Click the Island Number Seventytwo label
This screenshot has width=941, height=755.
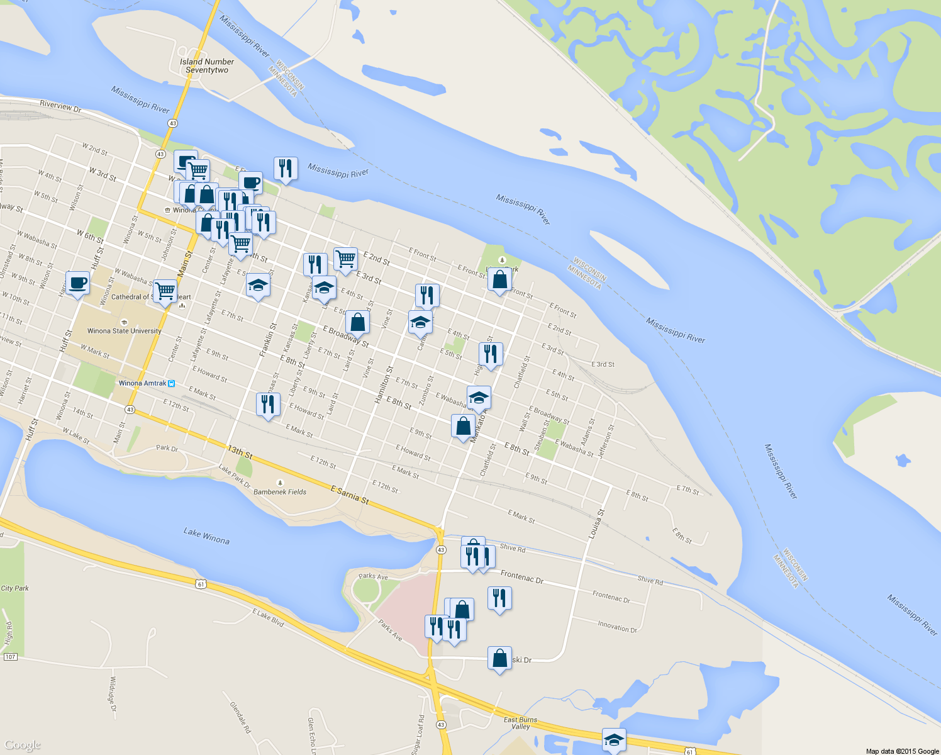207,66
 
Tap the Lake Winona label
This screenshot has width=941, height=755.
206,536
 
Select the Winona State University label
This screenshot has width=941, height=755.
125,331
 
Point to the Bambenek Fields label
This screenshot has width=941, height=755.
280,492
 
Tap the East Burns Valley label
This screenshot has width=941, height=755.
521,723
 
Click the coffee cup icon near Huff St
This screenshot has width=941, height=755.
77,283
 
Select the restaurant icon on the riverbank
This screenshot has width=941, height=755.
286,169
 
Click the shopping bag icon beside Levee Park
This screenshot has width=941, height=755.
499,280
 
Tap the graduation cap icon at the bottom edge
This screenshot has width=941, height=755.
614,740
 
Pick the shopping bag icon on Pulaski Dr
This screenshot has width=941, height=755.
499,659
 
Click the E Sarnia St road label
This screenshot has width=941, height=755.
349,495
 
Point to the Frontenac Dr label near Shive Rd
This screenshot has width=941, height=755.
522,576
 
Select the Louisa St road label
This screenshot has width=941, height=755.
596,524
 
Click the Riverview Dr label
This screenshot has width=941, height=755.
60,106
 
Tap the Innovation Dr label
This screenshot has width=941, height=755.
617,627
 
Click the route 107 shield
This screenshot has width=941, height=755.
10,657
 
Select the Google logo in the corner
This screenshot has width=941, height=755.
22,746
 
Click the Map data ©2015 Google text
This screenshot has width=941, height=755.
902,751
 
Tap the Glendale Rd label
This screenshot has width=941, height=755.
240,718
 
